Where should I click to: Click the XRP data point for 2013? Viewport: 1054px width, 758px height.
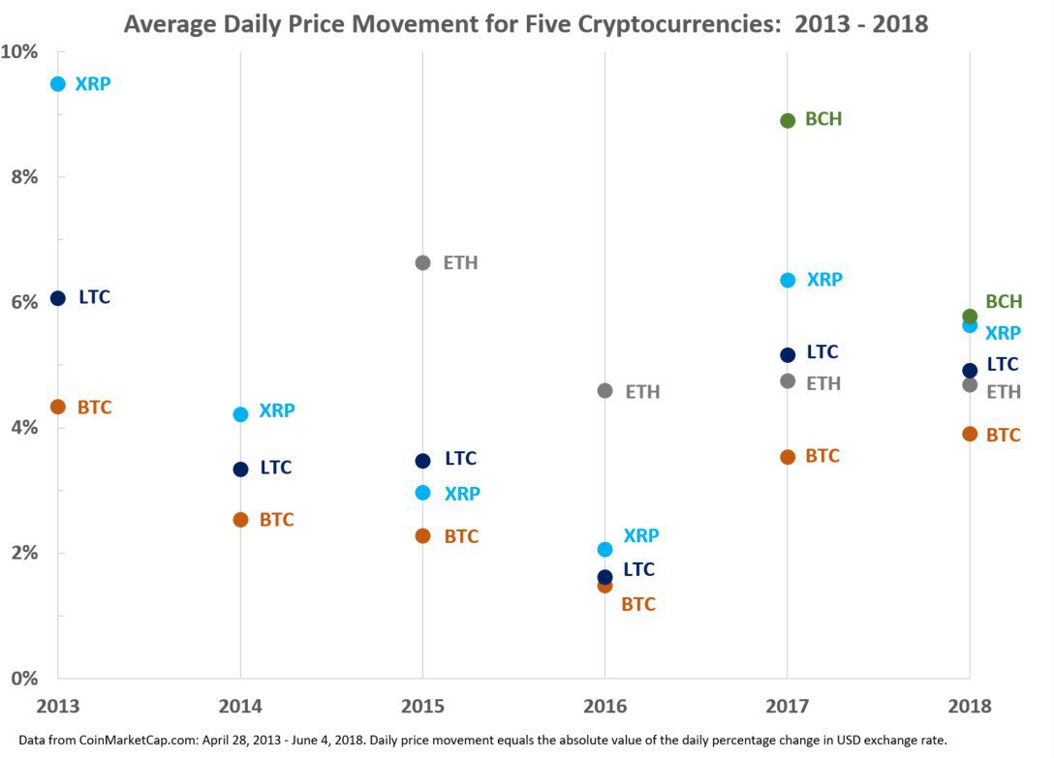coord(58,84)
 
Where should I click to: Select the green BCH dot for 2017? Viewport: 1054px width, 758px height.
coord(788,121)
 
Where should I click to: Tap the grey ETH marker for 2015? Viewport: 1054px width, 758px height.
coord(422,262)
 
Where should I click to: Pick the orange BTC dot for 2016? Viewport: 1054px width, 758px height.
coord(604,586)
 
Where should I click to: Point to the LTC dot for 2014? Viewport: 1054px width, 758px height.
coord(240,470)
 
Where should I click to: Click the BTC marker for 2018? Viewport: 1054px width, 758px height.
coord(970,434)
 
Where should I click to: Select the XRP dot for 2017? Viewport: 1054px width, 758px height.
coord(788,280)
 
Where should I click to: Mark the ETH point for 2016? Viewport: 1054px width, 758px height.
coord(604,391)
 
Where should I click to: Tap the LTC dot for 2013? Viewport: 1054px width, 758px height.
coord(58,298)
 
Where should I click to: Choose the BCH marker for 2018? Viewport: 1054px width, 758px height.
coord(970,317)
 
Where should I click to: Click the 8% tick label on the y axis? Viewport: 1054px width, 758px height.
coord(23,176)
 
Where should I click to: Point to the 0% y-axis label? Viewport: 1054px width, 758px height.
coord(23,678)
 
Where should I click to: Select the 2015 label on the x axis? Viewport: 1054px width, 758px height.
coord(422,705)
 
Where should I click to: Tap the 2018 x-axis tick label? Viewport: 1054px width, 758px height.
coord(970,705)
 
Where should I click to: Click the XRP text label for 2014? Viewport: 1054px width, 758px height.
coord(277,410)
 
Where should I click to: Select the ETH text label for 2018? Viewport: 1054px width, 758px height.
coord(1004,392)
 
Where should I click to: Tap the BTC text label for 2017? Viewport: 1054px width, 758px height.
coord(822,456)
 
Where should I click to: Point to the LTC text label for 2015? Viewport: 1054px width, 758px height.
coord(461,459)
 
